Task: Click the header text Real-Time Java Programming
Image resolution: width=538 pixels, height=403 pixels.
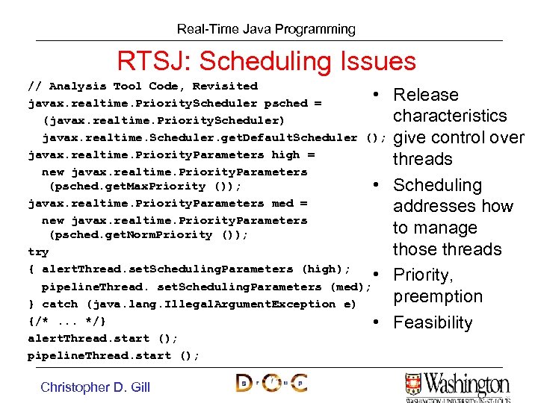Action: pos(266,29)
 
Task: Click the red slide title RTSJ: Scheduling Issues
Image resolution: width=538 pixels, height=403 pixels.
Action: pos(266,60)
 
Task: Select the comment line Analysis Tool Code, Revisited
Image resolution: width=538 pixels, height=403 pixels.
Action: pos(142,86)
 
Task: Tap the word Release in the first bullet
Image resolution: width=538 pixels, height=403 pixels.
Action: pos(425,95)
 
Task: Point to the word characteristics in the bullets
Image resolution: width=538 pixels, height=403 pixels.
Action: pos(450,116)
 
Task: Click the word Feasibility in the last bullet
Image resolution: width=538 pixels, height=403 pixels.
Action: pos(433,323)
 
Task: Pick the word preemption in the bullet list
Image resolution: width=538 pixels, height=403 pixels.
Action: pos(438,297)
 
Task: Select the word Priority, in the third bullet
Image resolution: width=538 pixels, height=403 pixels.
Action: pos(423,275)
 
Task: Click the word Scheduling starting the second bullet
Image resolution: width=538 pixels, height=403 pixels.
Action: pos(437,185)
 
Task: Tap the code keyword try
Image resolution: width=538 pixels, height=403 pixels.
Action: pos(38,252)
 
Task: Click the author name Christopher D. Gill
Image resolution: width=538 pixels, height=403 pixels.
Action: pos(95,387)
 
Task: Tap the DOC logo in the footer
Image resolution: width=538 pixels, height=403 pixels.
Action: pos(271,384)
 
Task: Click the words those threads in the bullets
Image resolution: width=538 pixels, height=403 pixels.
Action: pos(447,249)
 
